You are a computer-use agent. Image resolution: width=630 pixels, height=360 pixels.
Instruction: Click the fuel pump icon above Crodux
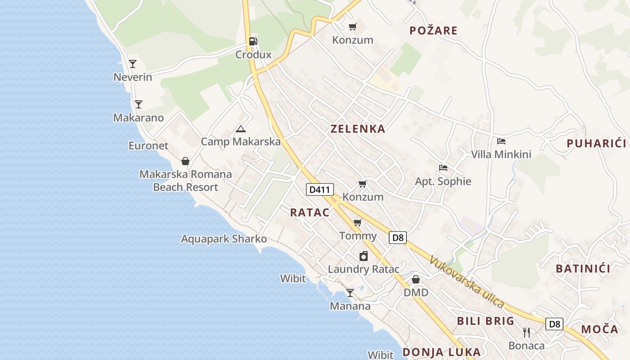(253, 41)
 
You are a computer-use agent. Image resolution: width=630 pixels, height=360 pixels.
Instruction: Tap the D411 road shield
(320, 189)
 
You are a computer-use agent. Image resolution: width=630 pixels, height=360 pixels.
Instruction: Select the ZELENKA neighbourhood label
(358, 129)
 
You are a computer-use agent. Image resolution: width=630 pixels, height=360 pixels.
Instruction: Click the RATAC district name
(310, 213)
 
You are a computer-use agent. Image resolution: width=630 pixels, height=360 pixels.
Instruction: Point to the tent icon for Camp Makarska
(241, 129)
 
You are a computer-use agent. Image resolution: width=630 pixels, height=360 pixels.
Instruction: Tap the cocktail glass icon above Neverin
(133, 63)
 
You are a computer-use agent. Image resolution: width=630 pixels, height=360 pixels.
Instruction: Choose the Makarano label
(138, 118)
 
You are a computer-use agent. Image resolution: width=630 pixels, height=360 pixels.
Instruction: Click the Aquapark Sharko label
(224, 239)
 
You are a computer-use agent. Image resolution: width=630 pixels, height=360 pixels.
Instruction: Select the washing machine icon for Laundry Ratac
(364, 256)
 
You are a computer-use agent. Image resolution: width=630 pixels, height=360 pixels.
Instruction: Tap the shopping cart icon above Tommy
(358, 222)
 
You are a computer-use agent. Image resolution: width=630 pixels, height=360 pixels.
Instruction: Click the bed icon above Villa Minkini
(501, 141)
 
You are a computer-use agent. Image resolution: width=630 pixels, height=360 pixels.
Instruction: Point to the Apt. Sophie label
(443, 181)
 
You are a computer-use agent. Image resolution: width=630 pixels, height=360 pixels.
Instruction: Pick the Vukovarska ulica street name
(466, 282)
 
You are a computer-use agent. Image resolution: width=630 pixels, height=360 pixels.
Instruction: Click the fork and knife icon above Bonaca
(526, 333)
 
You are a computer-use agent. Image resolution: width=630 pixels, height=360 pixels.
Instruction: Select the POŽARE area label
(433, 31)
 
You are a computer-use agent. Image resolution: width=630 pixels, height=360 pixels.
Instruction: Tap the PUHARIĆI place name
(596, 144)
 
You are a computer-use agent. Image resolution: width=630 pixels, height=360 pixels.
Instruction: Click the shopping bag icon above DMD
(416, 279)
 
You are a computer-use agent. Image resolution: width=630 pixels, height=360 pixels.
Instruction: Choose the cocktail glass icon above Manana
(350, 293)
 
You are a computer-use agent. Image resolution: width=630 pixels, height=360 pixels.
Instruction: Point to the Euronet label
(148, 146)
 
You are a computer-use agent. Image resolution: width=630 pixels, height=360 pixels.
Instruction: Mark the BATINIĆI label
(583, 269)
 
